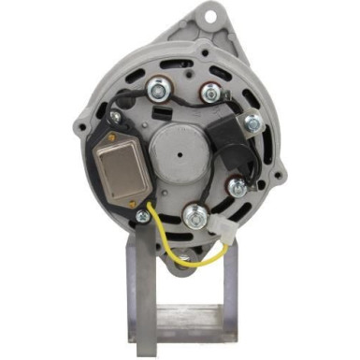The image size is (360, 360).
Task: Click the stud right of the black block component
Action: [x=252, y=122]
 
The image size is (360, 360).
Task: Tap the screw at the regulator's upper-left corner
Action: [x=114, y=119]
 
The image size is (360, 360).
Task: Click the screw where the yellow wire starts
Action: [x=144, y=217]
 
